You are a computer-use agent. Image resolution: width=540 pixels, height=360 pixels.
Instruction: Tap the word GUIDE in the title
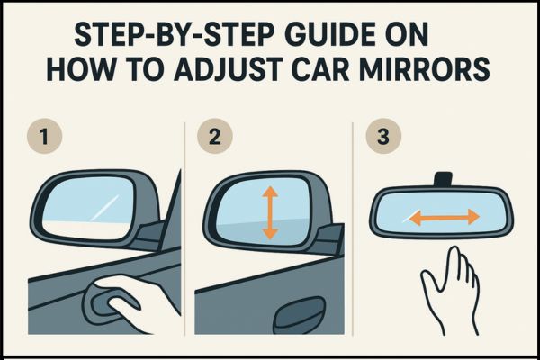click(305, 37)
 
